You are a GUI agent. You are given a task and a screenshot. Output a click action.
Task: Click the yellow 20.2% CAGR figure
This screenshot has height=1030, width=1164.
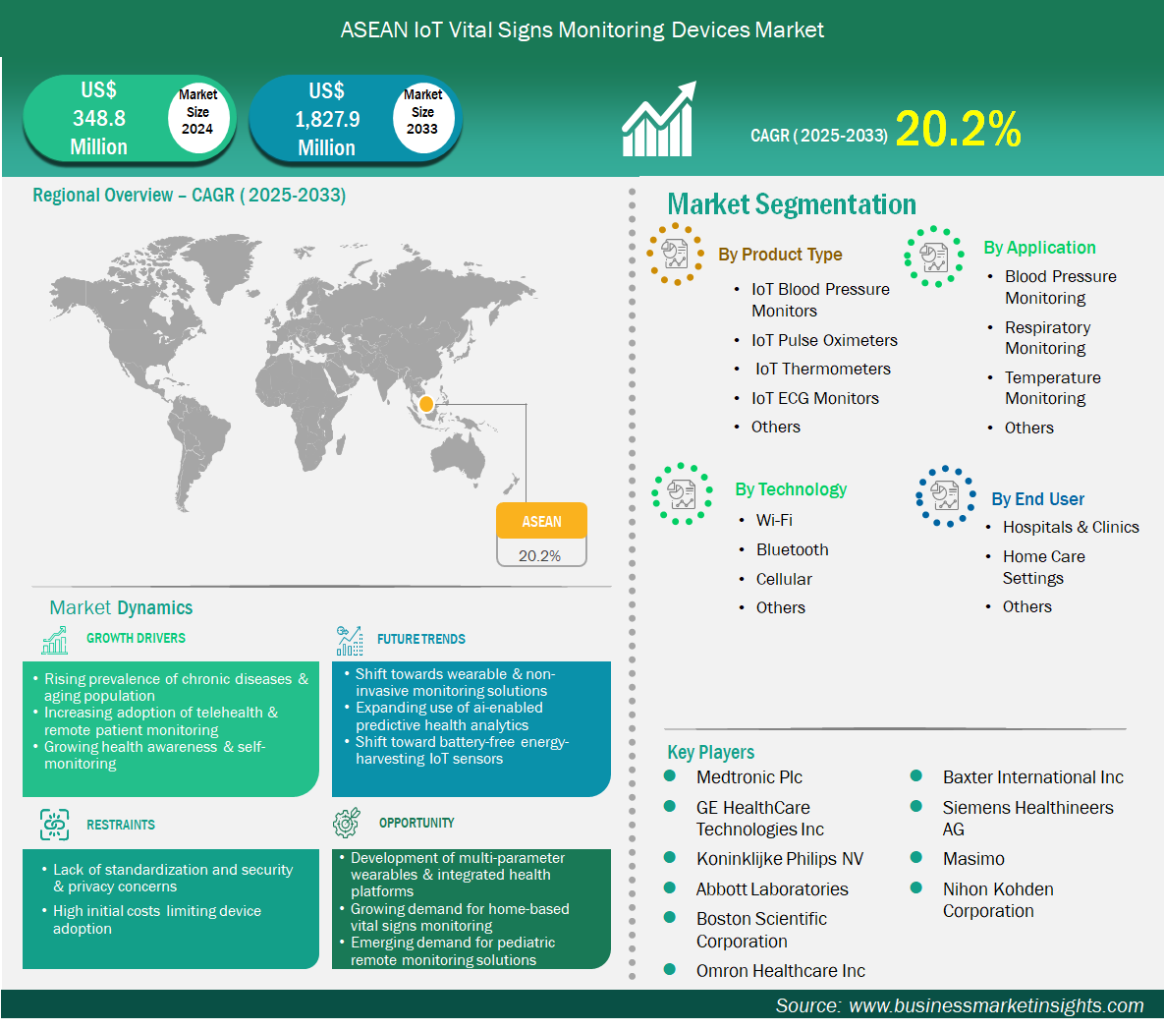pyautogui.click(x=959, y=129)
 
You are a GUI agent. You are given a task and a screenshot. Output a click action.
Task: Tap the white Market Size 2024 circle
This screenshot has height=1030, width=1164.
pyautogui.click(x=197, y=113)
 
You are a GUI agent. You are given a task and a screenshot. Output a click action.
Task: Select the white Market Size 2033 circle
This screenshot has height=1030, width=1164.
pyautogui.click(x=423, y=113)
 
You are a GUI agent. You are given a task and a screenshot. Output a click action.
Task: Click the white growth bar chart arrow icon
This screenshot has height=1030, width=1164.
pyautogui.click(x=659, y=119)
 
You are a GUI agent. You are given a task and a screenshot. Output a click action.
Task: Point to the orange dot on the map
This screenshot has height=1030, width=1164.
pyautogui.click(x=426, y=404)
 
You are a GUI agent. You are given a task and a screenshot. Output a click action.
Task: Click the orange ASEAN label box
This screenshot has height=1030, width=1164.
pyautogui.click(x=541, y=521)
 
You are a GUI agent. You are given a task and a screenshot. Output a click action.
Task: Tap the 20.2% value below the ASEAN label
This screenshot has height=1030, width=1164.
pyautogui.click(x=539, y=555)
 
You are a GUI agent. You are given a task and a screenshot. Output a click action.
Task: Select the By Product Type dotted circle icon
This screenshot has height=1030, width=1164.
pyautogui.click(x=675, y=254)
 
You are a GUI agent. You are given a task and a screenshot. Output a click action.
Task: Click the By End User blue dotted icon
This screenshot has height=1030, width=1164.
pyautogui.click(x=945, y=496)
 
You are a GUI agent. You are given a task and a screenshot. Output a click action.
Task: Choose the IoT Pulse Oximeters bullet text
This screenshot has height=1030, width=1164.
pyautogui.click(x=824, y=340)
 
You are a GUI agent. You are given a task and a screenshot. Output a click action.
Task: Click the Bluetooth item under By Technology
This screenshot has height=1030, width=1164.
pyautogui.click(x=792, y=549)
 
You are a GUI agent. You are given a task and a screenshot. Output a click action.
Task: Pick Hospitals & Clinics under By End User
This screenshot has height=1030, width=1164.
pyautogui.click(x=1071, y=527)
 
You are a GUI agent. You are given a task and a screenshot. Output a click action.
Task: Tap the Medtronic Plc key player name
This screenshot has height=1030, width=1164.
pyautogui.click(x=749, y=777)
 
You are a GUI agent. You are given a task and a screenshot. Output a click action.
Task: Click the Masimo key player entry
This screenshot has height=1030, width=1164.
pyautogui.click(x=973, y=859)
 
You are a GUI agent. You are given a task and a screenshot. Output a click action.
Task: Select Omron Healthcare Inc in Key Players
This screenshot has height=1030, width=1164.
pyautogui.click(x=780, y=971)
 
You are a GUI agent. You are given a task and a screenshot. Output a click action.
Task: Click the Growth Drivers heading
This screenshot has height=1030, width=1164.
pyautogui.click(x=136, y=638)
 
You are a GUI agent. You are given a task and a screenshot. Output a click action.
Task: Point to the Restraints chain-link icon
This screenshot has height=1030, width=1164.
pyautogui.click(x=54, y=825)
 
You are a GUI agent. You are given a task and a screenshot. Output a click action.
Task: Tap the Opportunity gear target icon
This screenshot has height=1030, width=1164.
pyautogui.click(x=347, y=822)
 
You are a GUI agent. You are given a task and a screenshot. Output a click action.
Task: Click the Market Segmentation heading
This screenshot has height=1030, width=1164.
pyautogui.click(x=792, y=204)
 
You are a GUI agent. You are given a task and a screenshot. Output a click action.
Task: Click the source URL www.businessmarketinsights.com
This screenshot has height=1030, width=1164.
pyautogui.click(x=995, y=1005)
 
